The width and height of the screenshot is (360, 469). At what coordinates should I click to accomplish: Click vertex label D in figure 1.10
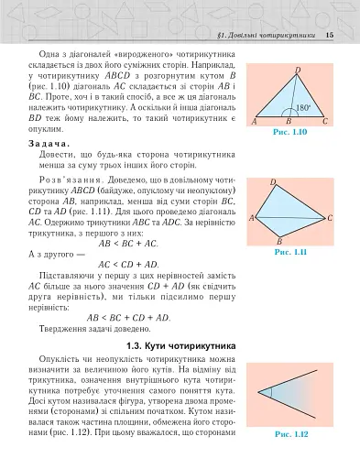point(298,70)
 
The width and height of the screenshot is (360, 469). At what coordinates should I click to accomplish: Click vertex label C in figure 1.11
point(330,218)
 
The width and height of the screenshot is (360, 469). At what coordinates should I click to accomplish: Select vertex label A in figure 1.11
point(252,218)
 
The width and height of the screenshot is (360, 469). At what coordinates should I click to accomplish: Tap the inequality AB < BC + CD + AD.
point(128,317)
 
